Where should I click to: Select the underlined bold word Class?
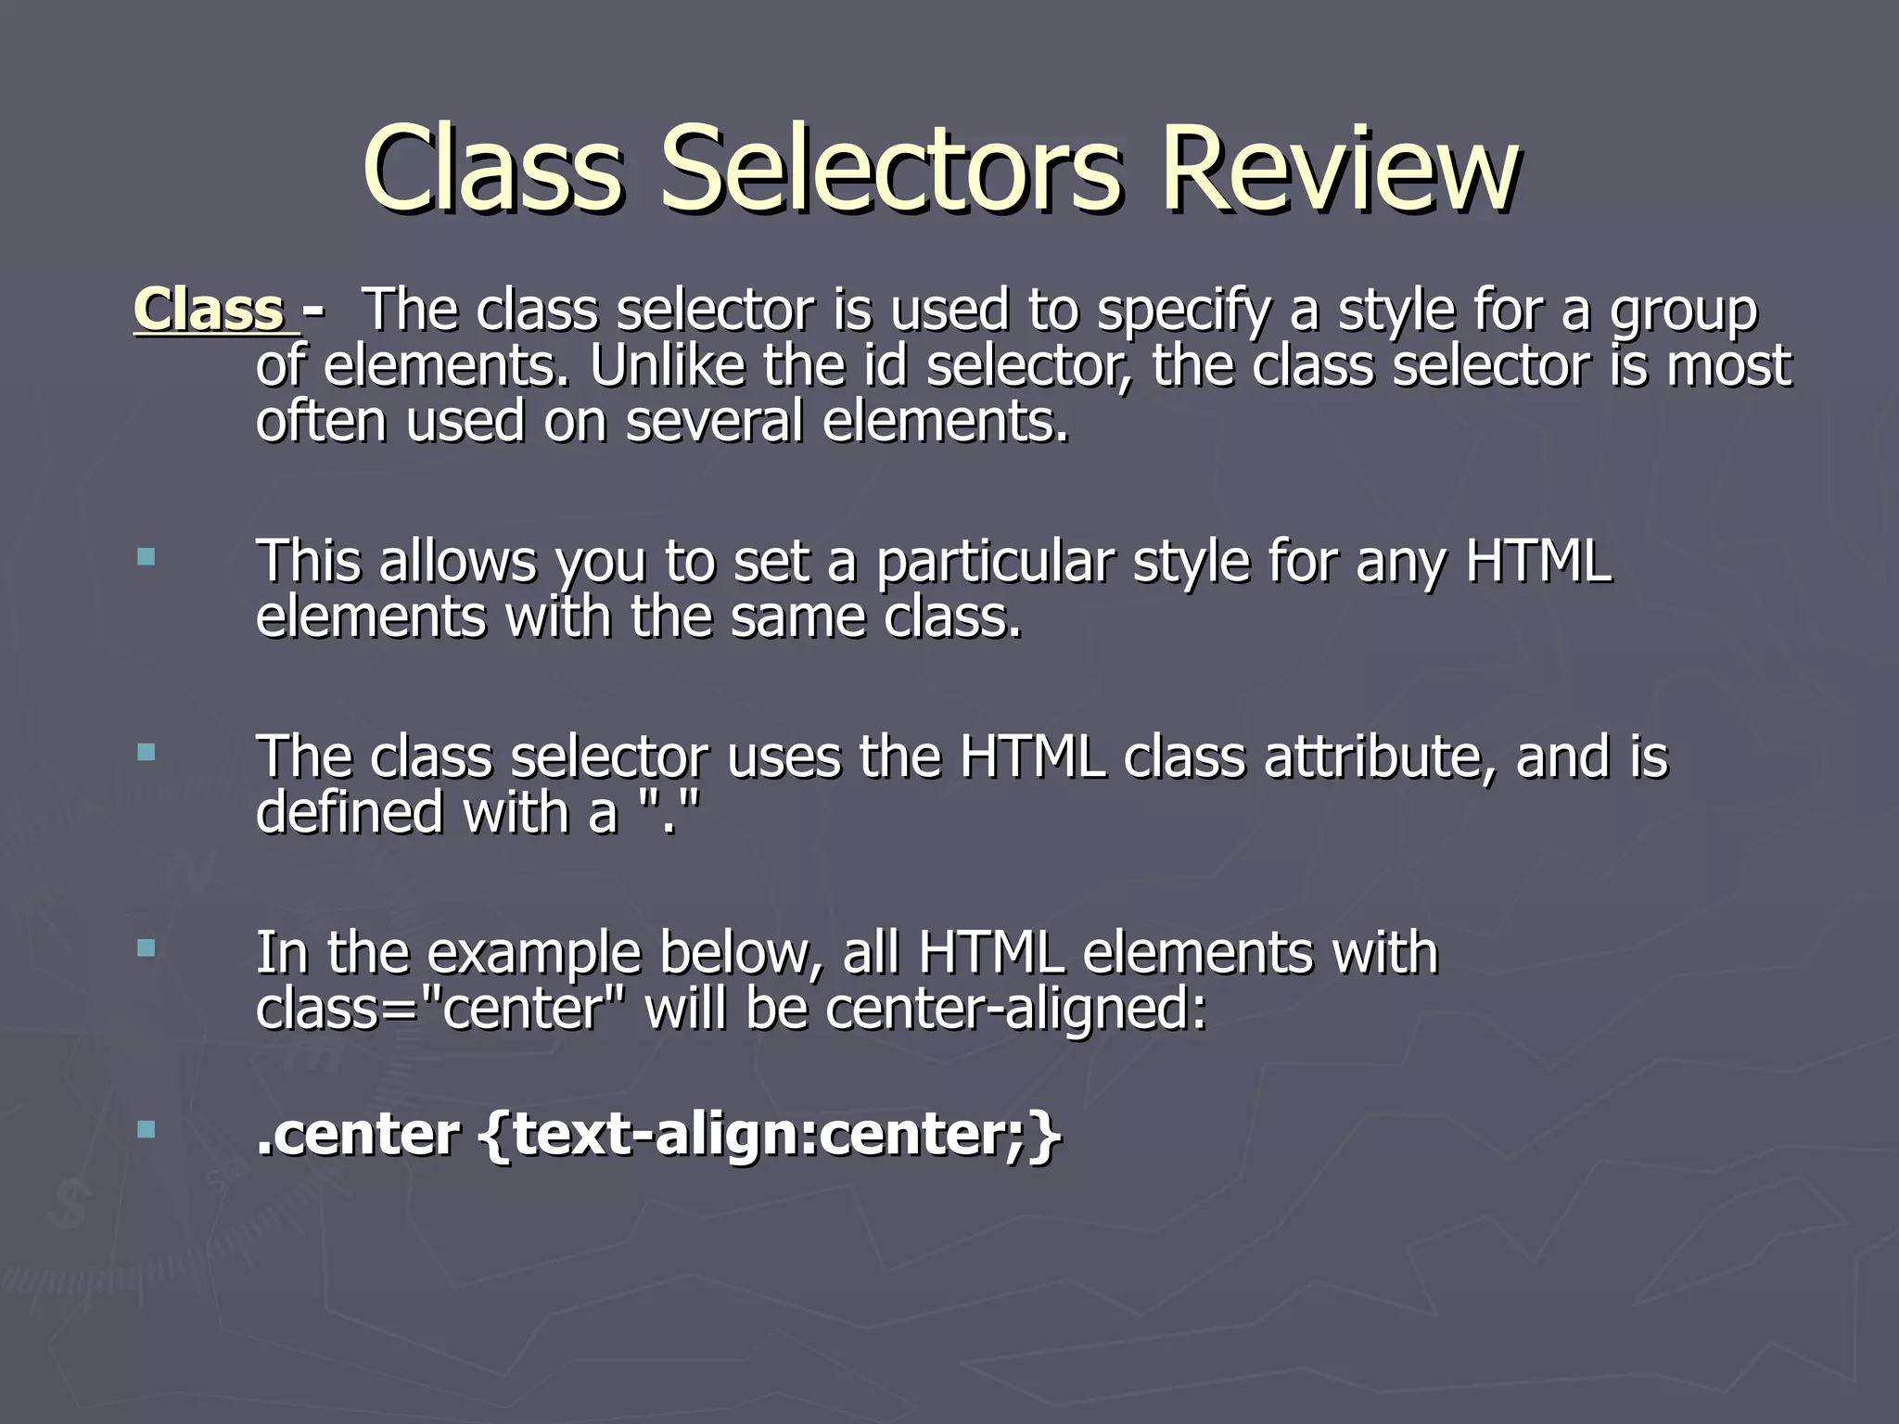[x=210, y=310]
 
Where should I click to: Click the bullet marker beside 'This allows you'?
[x=146, y=557]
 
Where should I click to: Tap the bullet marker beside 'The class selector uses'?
[x=146, y=752]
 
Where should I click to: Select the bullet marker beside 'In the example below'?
[x=146, y=947]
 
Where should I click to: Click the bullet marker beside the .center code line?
[x=146, y=1129]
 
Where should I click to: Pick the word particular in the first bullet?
[x=994, y=563]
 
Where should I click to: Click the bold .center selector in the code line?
[x=358, y=1135]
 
